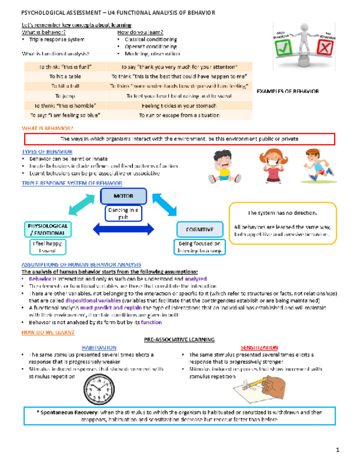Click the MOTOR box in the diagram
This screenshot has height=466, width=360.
123,196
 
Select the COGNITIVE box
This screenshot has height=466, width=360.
195,229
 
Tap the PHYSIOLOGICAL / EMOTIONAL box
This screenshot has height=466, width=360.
47,229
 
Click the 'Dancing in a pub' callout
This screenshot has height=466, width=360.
123,213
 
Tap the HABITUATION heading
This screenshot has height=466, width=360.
99,348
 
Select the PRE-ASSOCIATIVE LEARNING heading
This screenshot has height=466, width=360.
179,340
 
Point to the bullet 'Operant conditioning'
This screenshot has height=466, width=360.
150,47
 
